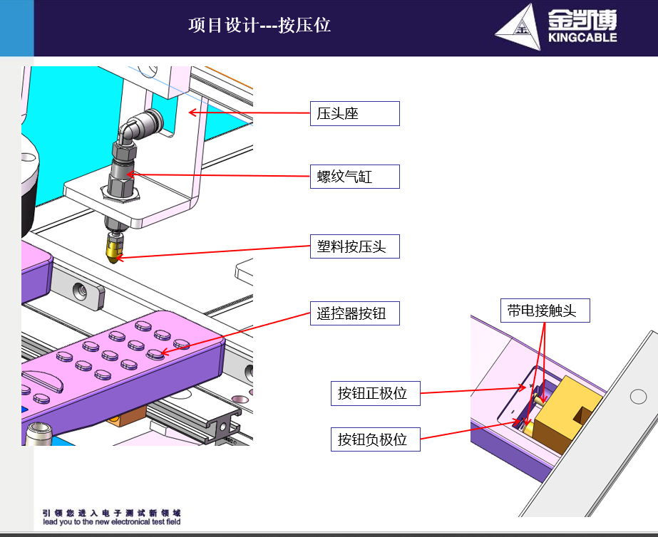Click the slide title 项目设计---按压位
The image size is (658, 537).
259,26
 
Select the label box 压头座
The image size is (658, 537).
354,113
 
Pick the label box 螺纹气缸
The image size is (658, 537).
354,177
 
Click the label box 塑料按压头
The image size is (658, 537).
354,246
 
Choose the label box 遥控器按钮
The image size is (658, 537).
354,313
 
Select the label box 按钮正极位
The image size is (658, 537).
375,393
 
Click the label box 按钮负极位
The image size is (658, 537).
375,439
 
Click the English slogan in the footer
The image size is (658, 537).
112,522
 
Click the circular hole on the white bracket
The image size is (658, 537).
638,396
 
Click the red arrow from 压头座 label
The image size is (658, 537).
250,113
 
